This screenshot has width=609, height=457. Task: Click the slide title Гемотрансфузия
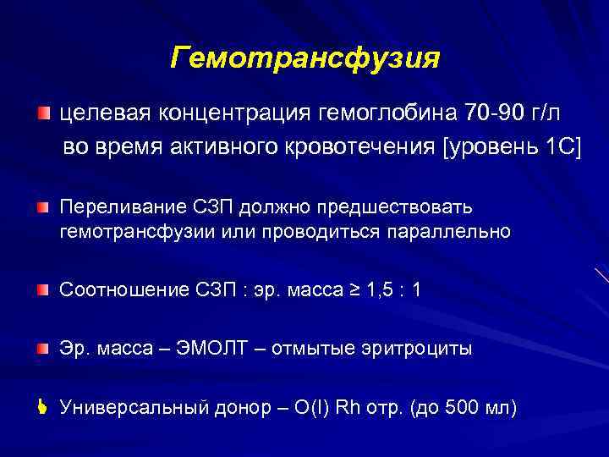[304, 58]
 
